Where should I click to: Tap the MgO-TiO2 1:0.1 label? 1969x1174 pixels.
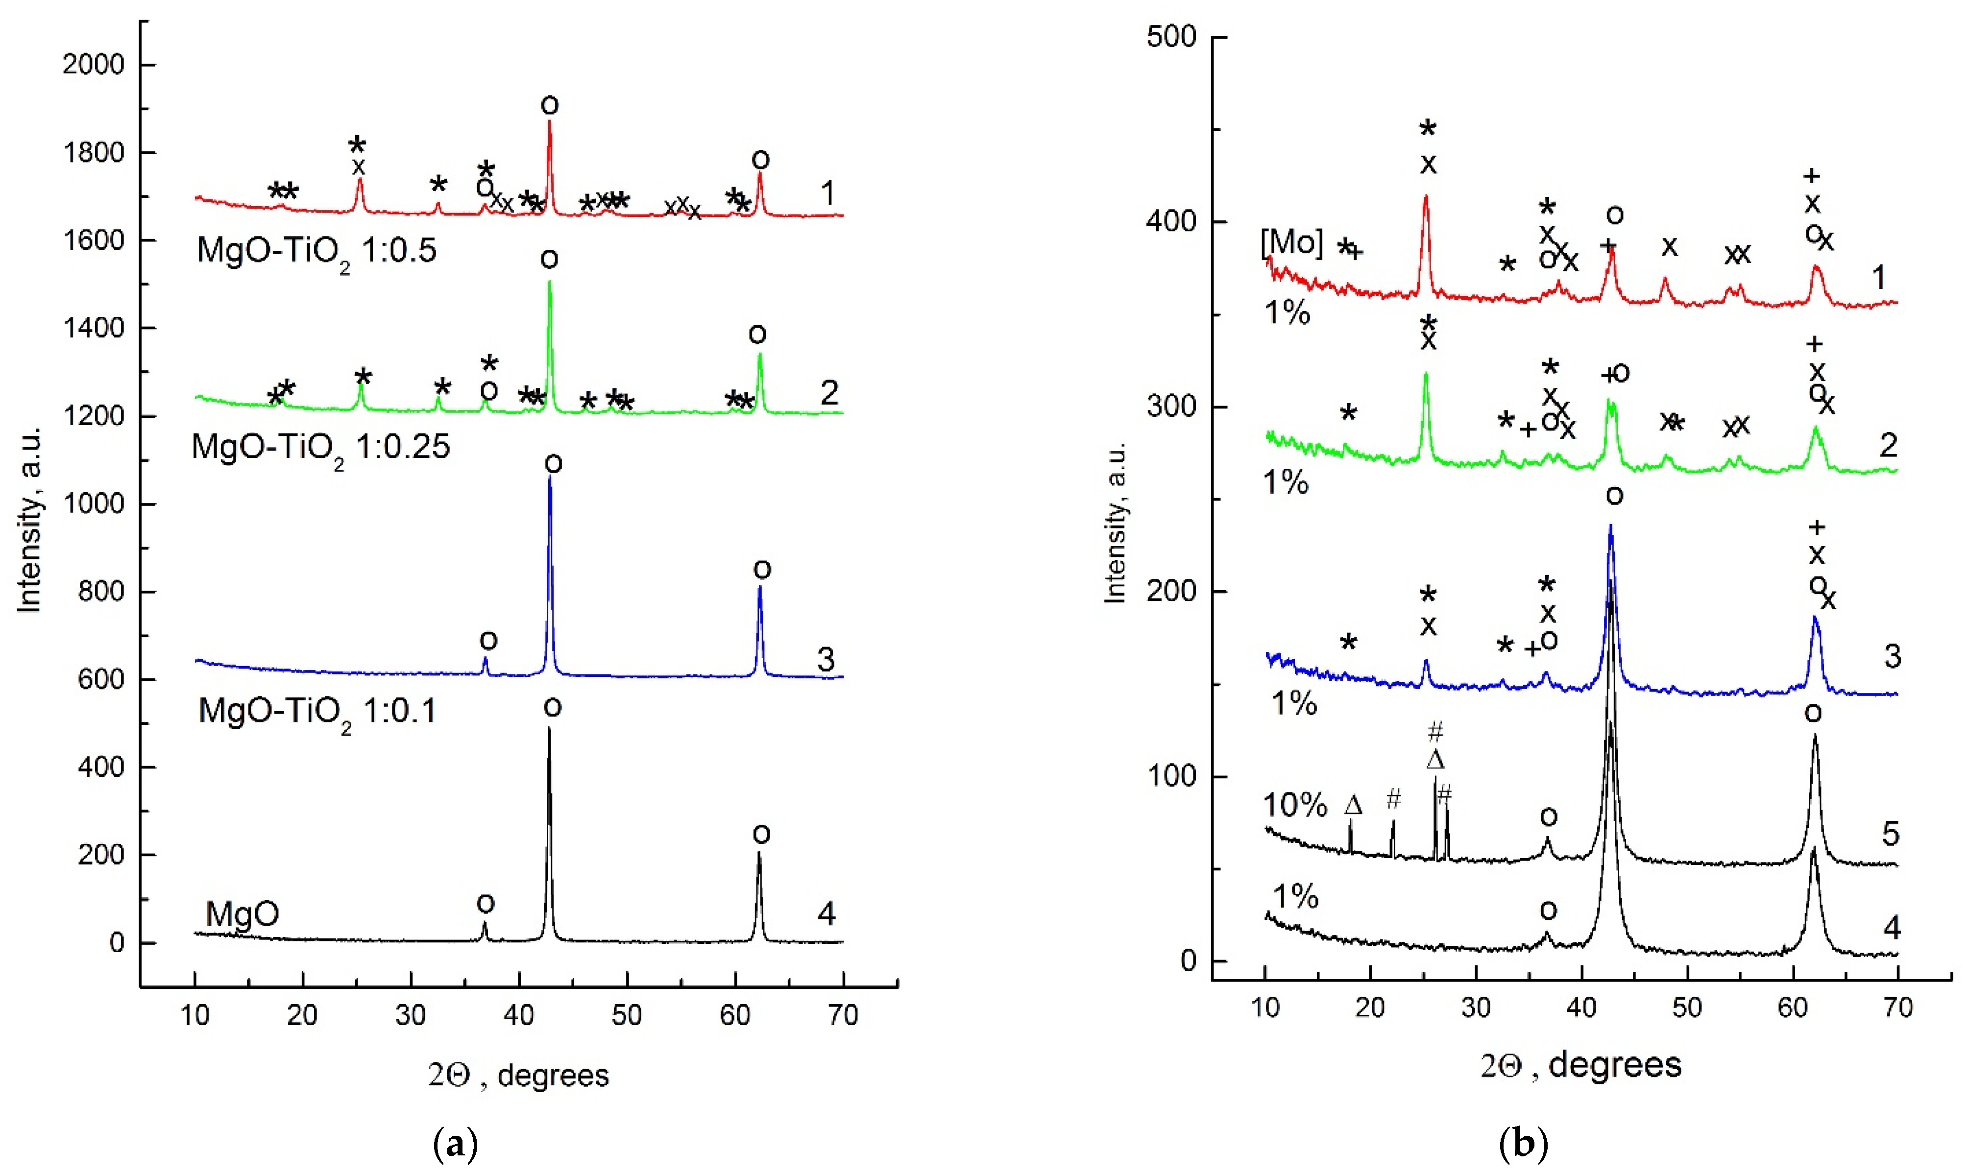click(316, 712)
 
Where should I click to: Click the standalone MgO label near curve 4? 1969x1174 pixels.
click(242, 914)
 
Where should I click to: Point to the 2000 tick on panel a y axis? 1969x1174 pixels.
click(94, 65)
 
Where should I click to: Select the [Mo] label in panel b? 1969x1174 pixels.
click(1291, 242)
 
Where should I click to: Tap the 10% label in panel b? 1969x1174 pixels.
click(1294, 805)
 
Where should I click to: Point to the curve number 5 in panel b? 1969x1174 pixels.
click(1890, 834)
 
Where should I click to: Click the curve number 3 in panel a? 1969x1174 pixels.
click(825, 659)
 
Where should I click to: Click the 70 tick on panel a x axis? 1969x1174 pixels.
click(843, 1015)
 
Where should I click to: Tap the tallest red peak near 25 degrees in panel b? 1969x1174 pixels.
click(1426, 198)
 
